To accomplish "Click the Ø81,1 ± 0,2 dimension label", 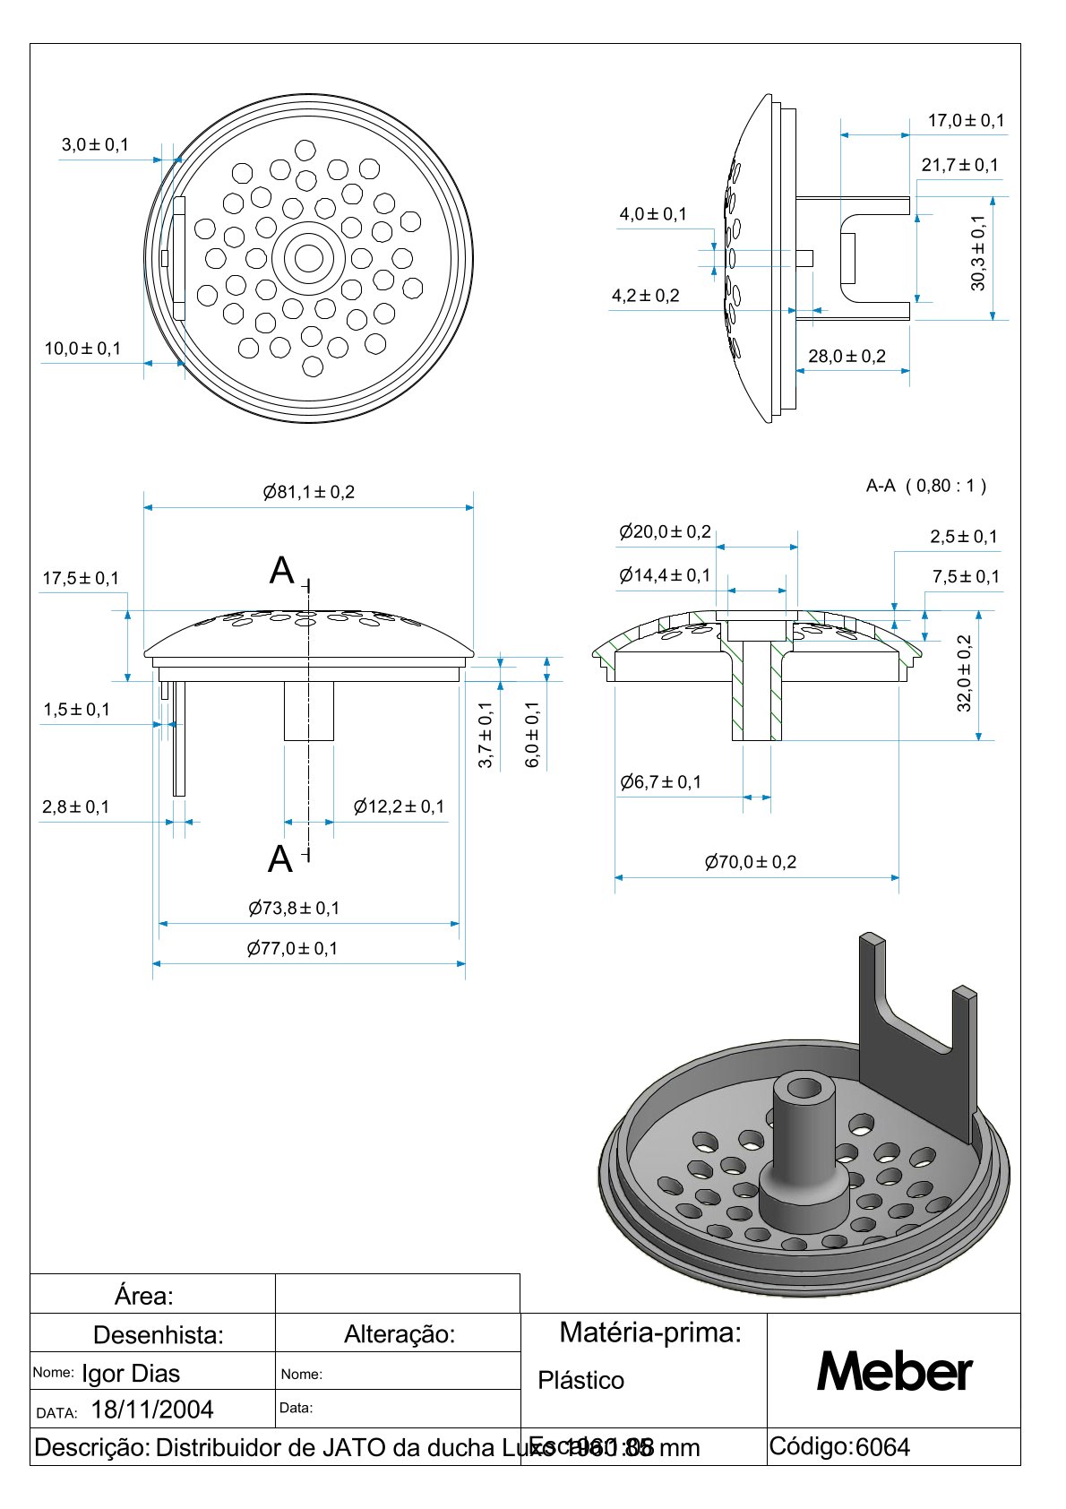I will [309, 492].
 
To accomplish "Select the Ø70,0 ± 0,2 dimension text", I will [751, 862].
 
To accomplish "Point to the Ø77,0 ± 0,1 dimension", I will [293, 948].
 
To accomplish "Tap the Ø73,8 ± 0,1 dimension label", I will [294, 908].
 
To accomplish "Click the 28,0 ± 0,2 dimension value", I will [847, 356].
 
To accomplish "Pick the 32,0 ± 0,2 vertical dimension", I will [965, 673].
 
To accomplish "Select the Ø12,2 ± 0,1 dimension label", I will [399, 806].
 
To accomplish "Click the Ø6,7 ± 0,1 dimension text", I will [661, 782].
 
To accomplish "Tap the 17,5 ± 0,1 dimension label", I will [81, 578].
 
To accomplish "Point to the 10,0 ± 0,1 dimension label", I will [82, 349].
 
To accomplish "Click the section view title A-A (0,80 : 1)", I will [925, 486].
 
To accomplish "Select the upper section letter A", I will [282, 571].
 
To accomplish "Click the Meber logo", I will [894, 1371].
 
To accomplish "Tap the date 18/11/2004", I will [152, 1410].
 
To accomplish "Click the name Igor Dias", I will [131, 1373].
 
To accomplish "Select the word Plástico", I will [580, 1380].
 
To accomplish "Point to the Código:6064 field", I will [839, 1447].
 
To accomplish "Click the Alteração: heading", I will [400, 1334].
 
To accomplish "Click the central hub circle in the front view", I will [309, 258].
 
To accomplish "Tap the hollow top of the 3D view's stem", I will [804, 1088].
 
